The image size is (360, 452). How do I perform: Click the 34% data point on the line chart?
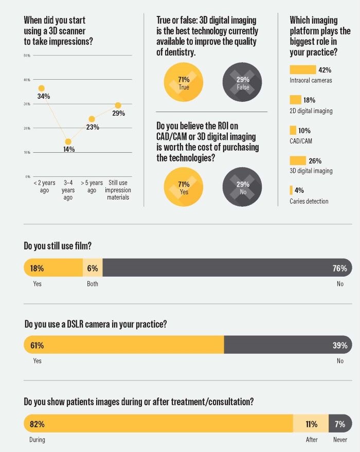click(x=42, y=88)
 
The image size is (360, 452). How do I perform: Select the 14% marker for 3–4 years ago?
click(x=68, y=142)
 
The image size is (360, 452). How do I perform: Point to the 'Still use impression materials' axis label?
click(x=118, y=190)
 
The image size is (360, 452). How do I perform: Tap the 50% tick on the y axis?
click(x=27, y=55)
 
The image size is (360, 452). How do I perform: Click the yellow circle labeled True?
click(x=183, y=83)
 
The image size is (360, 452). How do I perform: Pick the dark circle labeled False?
click(x=242, y=83)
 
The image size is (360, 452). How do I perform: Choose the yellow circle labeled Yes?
click(x=183, y=187)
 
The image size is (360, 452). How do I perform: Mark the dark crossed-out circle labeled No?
click(x=242, y=187)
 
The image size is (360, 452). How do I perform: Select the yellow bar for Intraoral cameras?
click(x=302, y=69)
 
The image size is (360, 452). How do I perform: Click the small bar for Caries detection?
click(x=291, y=190)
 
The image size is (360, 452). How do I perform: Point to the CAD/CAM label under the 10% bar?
click(x=301, y=141)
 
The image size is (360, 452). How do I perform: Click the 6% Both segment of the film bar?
click(x=93, y=268)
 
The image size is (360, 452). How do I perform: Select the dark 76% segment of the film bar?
click(x=226, y=268)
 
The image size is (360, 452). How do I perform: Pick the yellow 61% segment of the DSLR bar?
click(x=123, y=345)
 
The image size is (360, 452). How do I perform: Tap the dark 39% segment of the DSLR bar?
click(x=288, y=345)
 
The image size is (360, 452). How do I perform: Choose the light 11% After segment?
click(x=311, y=424)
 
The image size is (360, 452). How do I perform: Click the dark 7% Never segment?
click(x=340, y=424)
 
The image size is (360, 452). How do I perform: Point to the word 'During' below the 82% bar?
click(x=37, y=440)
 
